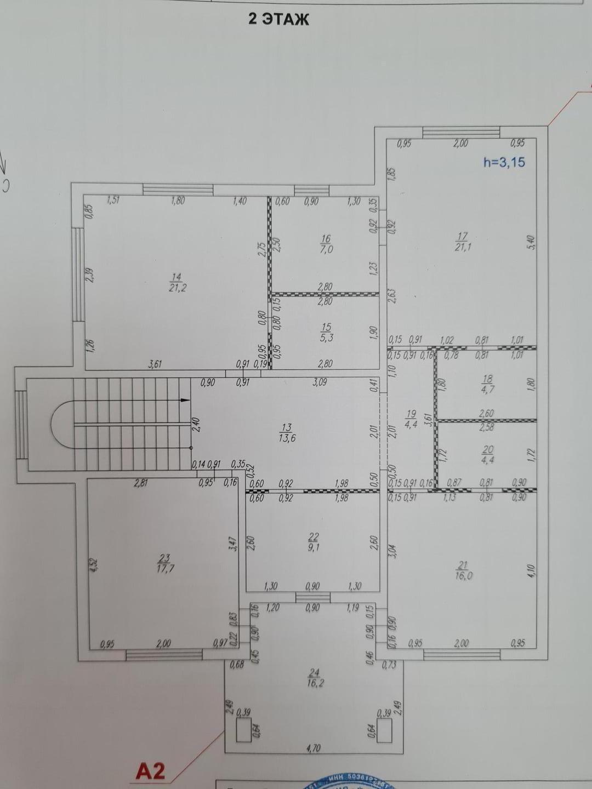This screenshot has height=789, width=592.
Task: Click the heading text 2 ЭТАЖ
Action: coord(279,19)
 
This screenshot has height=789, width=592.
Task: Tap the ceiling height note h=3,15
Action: coord(504,162)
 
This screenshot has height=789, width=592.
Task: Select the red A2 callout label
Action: coord(150,771)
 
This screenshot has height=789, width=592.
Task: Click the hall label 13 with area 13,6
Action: coord(286,432)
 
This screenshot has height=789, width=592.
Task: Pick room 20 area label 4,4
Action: coord(487,454)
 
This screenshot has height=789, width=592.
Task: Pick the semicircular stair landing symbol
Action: coord(62,425)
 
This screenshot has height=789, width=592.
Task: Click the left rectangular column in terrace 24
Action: coord(243,730)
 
